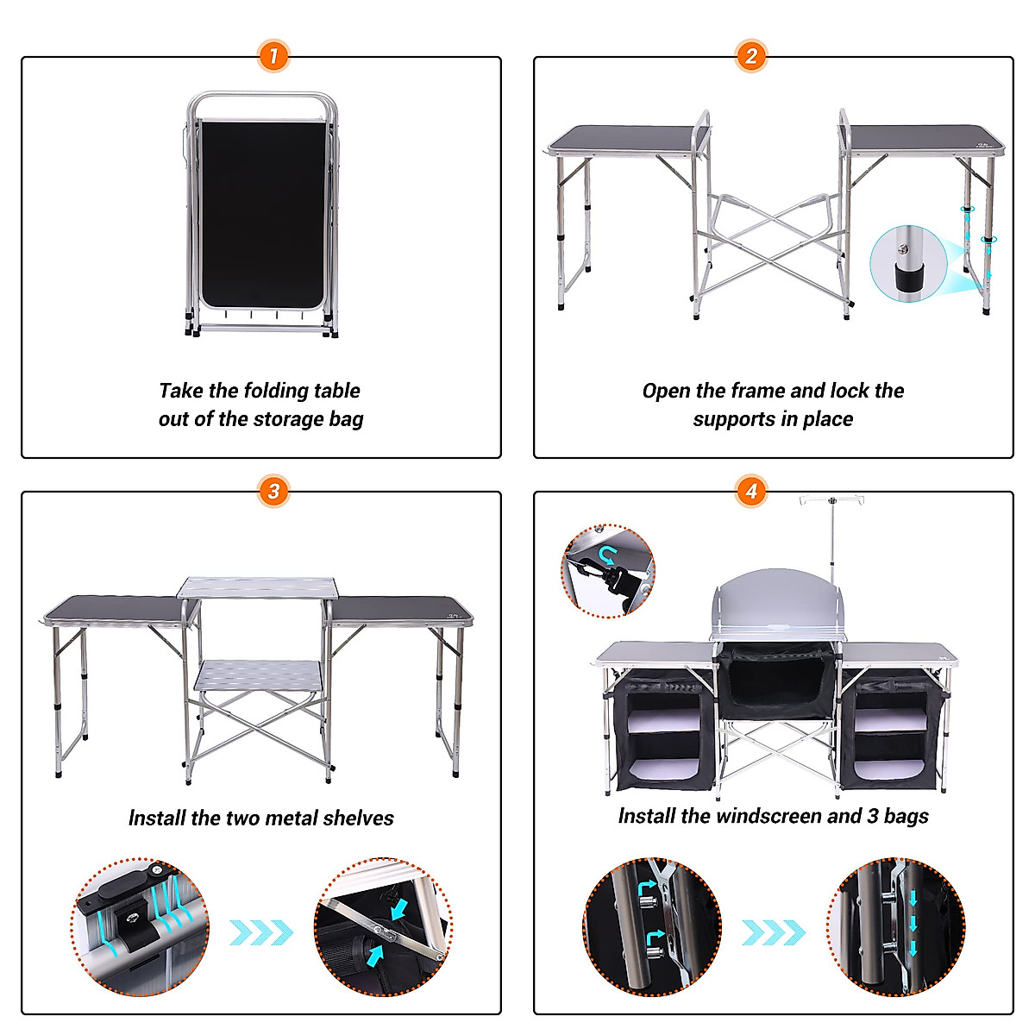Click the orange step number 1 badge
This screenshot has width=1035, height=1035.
273,57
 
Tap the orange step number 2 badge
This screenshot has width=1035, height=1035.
751,57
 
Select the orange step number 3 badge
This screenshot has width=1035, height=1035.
273,492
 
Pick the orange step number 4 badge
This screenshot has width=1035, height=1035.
751,492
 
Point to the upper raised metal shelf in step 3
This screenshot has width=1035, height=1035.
255,587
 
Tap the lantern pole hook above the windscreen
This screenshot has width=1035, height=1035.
831,500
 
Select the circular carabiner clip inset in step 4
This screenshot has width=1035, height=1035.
608,570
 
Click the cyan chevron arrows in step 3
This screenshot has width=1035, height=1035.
260,932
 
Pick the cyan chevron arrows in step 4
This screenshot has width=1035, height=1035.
773,932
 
